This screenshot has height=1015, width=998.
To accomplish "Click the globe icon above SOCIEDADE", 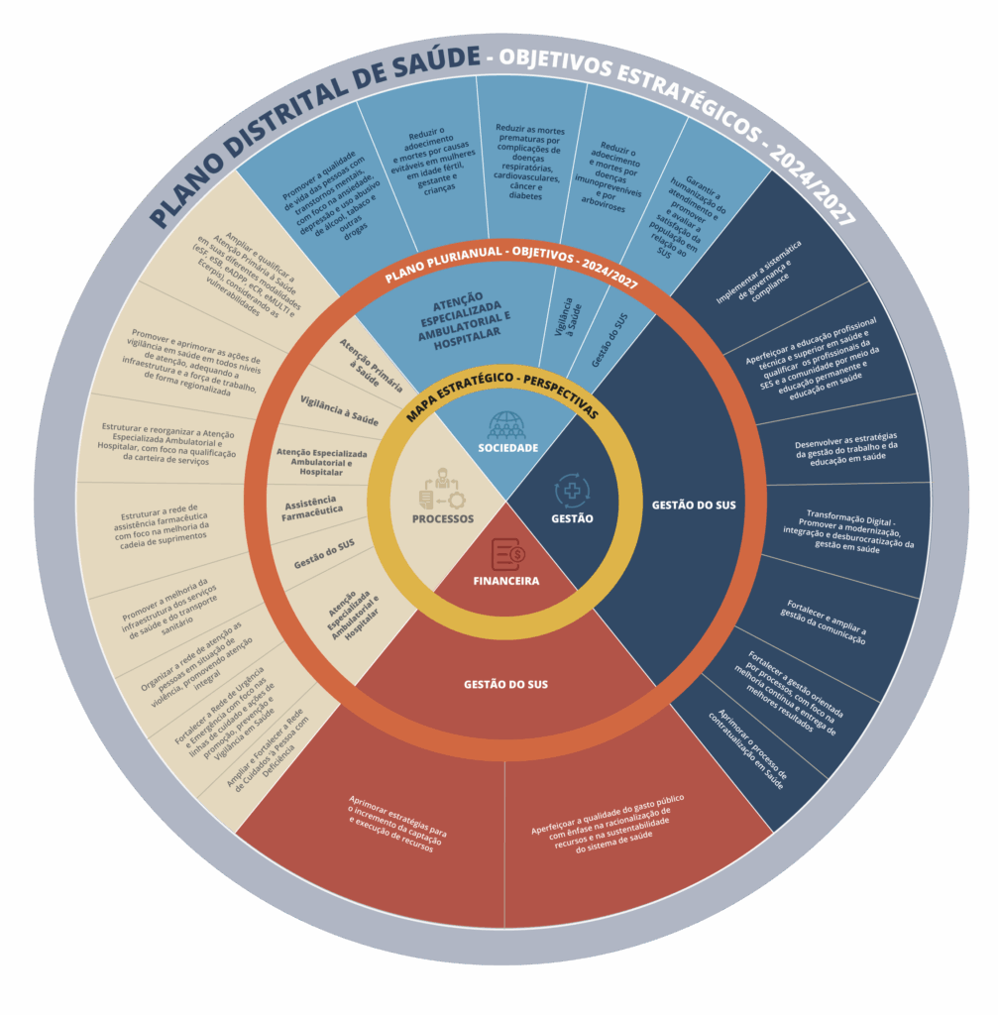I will click(506, 425).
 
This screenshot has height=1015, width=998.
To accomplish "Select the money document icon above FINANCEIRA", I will click(506, 554).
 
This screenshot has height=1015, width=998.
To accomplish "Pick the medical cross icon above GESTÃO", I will click(572, 491).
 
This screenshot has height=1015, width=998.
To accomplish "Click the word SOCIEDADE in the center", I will click(507, 448).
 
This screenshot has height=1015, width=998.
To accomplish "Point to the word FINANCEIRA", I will click(506, 581).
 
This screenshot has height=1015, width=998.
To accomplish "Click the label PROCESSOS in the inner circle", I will click(443, 518).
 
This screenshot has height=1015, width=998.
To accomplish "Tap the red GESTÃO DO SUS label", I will click(505, 684).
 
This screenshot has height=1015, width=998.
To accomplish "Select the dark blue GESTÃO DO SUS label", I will click(694, 506).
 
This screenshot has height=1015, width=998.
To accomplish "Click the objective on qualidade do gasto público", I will click(607, 822).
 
